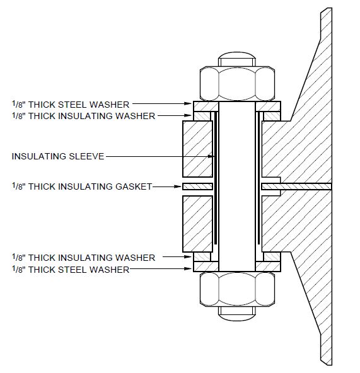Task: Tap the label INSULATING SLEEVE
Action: point(57,156)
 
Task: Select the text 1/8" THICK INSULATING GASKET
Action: point(82,186)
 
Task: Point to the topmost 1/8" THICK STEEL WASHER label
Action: point(71,104)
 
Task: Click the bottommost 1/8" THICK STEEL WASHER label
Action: point(71,270)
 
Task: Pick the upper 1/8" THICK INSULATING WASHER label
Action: point(83,115)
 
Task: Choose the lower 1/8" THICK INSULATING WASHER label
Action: point(83,258)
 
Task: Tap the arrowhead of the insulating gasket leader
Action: point(179,186)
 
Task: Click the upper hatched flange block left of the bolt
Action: point(196,149)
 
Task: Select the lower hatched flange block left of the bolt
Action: point(196,222)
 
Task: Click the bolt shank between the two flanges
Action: point(236,186)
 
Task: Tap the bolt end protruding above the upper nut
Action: point(236,60)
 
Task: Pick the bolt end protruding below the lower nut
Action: point(236,311)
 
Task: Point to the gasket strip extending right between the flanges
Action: point(303,186)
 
